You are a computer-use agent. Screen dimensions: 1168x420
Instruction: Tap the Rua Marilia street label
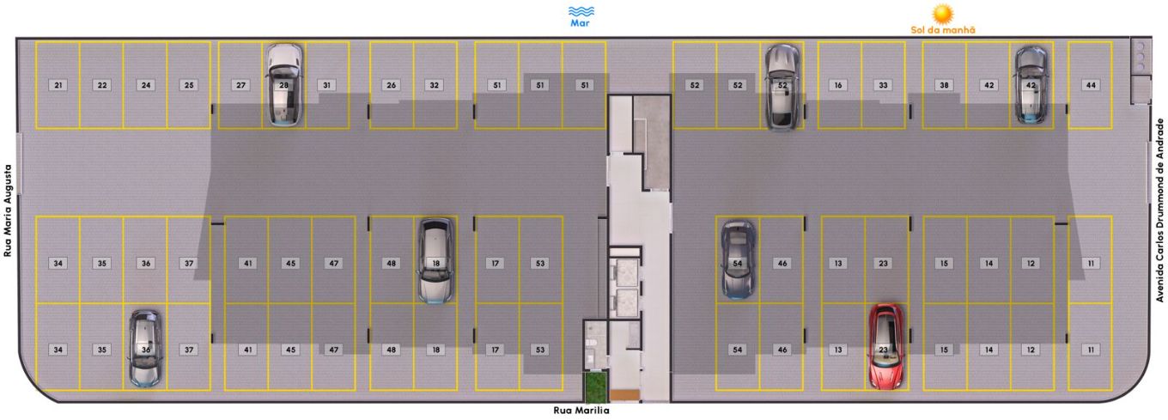581,411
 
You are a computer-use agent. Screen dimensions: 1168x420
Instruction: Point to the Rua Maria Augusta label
8,210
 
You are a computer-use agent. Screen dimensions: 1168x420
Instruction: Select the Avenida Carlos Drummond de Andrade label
1159,210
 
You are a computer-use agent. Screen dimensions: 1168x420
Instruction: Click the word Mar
580,23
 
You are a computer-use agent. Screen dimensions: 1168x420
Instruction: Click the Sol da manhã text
943,30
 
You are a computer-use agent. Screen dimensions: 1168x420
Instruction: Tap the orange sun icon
943,14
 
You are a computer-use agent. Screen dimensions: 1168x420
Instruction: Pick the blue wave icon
581,11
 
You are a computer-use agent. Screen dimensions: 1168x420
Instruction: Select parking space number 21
58,85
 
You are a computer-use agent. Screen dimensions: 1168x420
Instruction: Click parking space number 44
1091,85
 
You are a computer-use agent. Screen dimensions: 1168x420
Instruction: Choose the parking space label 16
838,85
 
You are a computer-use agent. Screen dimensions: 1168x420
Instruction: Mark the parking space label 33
883,85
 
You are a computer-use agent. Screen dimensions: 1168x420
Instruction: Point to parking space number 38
945,85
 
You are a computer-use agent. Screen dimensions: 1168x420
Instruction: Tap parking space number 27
240,85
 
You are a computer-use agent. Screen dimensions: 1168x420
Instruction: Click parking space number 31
327,85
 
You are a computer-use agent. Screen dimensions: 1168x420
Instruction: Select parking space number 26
392,85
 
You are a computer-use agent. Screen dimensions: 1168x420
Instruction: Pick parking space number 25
189,85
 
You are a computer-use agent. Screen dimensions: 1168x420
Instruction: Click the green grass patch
595,387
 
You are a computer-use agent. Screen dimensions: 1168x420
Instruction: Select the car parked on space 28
284,84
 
